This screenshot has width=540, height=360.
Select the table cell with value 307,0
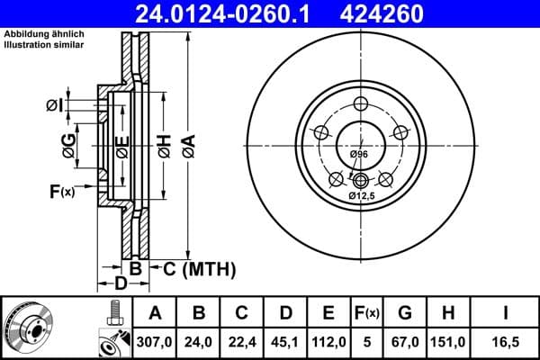click(156, 343)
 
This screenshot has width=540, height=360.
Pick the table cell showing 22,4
click(242, 343)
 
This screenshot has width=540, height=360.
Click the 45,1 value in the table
click(285, 343)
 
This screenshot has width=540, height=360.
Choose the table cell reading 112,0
click(328, 343)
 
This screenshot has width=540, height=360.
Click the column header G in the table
click(404, 313)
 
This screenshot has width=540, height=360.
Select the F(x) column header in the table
click(366, 313)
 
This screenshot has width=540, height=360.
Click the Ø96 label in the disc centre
click(359, 156)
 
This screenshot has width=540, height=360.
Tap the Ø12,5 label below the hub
click(362, 195)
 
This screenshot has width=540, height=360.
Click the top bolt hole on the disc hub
click(360, 103)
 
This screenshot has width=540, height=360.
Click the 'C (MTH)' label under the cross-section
click(198, 268)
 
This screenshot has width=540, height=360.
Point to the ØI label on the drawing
click(56, 104)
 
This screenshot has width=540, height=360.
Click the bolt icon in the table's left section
click(114, 313)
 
